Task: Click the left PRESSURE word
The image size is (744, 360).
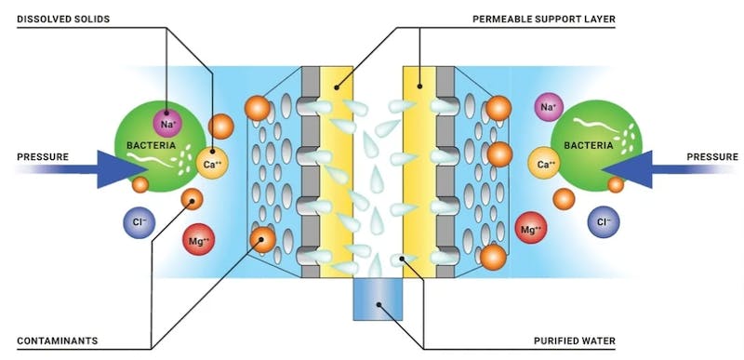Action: pyautogui.click(x=43, y=156)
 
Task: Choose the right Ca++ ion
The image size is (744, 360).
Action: pyautogui.click(x=547, y=166)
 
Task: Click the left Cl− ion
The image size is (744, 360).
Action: pyautogui.click(x=138, y=221)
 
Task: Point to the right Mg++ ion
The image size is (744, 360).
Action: pyautogui.click(x=530, y=229)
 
